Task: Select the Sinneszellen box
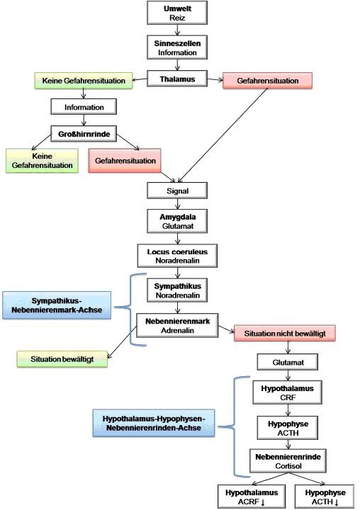[174, 47]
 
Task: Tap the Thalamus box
[174, 80]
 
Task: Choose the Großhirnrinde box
[84, 132]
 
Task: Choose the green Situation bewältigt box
[62, 359]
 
